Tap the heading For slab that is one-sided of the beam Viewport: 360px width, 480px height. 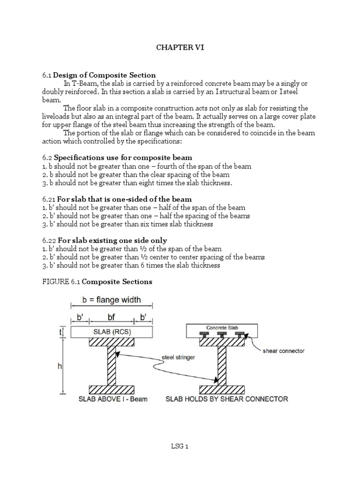click(124, 199)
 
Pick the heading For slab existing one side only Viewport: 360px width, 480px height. click(112, 240)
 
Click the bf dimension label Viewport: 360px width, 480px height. click(111, 317)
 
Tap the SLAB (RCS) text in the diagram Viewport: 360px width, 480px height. click(112, 332)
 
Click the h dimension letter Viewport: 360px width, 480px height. click(60, 367)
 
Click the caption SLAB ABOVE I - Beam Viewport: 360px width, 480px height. click(106, 399)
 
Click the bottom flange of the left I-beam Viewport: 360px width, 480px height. click(112, 390)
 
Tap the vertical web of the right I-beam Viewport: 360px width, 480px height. click(222, 366)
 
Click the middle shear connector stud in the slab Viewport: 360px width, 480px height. click(222, 335)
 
